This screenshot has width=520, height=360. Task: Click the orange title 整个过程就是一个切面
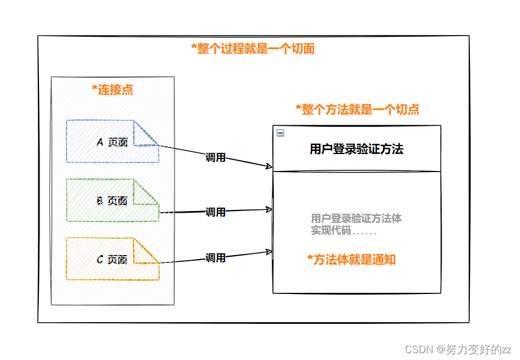tap(253, 49)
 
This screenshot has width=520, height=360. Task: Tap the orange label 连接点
tap(113, 90)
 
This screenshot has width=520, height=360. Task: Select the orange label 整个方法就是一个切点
tap(358, 109)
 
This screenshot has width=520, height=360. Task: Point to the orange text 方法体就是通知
tap(351, 260)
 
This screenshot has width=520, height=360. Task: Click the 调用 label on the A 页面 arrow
tap(215, 157)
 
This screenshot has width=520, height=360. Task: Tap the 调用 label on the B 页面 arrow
tap(215, 212)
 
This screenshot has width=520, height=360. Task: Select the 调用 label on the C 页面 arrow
tap(215, 258)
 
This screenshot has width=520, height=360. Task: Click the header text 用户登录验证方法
tap(356, 149)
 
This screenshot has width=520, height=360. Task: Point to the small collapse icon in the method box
tap(280, 133)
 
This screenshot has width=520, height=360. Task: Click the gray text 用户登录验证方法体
tap(356, 218)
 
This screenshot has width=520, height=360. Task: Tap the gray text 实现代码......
tap(331, 230)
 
